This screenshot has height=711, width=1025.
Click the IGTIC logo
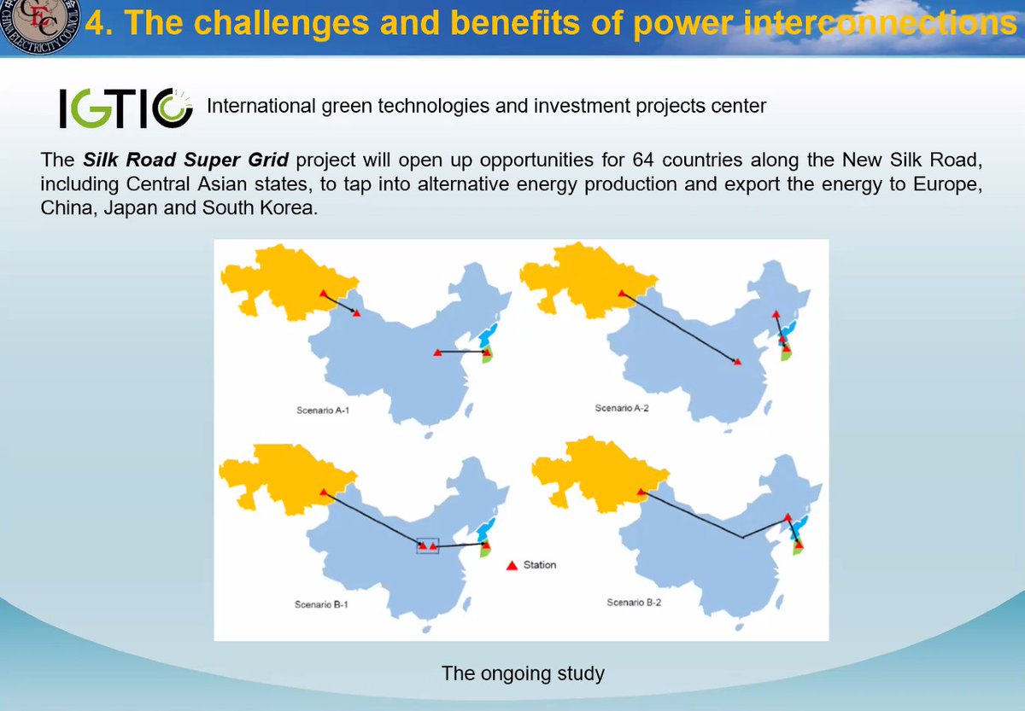tap(126, 108)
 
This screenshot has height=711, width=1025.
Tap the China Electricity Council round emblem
tap(39, 24)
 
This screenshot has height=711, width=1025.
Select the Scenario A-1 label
tap(323, 411)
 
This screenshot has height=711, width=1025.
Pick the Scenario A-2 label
tap(622, 408)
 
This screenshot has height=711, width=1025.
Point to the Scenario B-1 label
tap(321, 604)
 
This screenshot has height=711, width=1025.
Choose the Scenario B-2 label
tap(634, 603)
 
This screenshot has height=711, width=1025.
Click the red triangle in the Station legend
tap(512, 566)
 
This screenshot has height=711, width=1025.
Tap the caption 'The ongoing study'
tap(523, 673)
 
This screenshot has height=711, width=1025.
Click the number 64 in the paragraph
tap(643, 160)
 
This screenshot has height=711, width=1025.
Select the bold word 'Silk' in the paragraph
tap(100, 160)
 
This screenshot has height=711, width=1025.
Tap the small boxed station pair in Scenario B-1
tap(428, 546)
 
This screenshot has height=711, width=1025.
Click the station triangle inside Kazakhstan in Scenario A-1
tap(324, 293)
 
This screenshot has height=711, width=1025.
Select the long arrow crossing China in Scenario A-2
tap(680, 328)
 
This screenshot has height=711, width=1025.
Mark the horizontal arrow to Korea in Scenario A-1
tap(462, 352)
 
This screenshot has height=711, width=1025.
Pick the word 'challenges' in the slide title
tap(247, 22)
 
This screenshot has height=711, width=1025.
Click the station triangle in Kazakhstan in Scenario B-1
tap(324, 492)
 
